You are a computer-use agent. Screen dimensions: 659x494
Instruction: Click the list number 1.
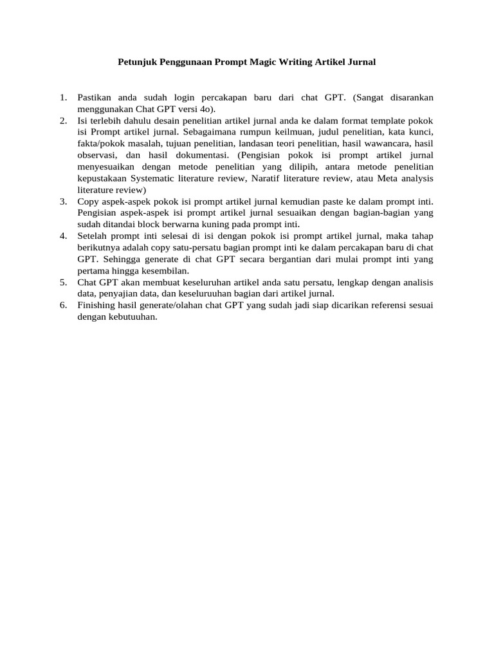63,97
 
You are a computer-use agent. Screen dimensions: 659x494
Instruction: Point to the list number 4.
63,236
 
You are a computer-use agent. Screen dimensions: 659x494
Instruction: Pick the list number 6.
63,306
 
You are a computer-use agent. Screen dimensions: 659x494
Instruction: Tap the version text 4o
208,109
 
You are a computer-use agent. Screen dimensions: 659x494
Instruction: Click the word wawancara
391,144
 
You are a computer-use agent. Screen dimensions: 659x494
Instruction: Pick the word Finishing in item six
96,306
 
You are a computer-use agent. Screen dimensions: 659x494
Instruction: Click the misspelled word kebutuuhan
133,317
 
